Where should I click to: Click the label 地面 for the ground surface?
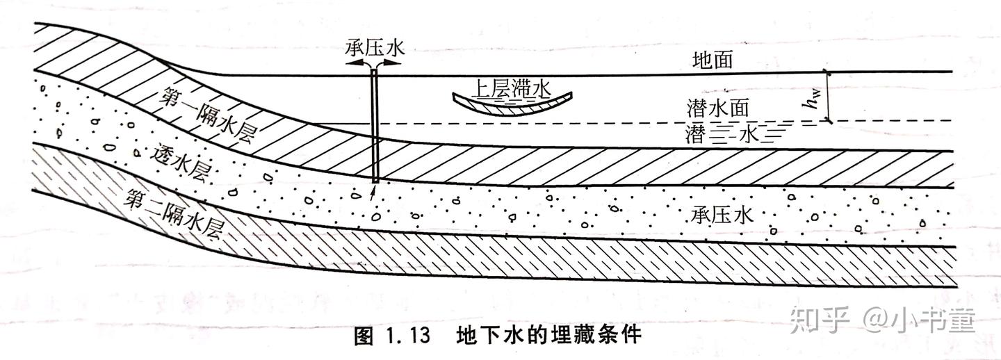point(713,60)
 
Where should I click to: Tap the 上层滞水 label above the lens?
point(511,88)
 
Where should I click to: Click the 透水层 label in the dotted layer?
point(169,161)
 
